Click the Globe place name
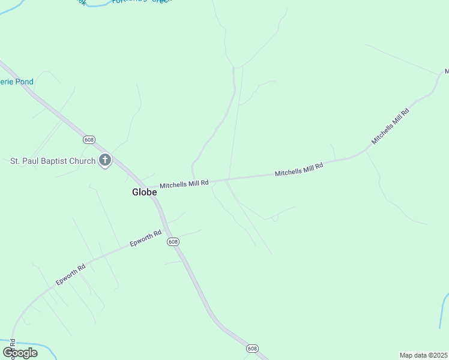coord(145,192)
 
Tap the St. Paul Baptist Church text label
coord(53,161)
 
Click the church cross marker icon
coord(105,160)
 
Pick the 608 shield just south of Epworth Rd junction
coord(173,241)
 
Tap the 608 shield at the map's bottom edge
coord(252,349)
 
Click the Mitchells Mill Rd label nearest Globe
coord(184,183)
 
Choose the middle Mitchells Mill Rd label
coord(299,169)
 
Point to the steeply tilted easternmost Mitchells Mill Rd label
coord(390,126)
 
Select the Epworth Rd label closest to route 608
coord(146,239)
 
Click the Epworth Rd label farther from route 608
coord(71,274)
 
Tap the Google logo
coord(20,353)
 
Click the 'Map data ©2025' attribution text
coord(423,355)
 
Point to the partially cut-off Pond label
coord(17,82)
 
